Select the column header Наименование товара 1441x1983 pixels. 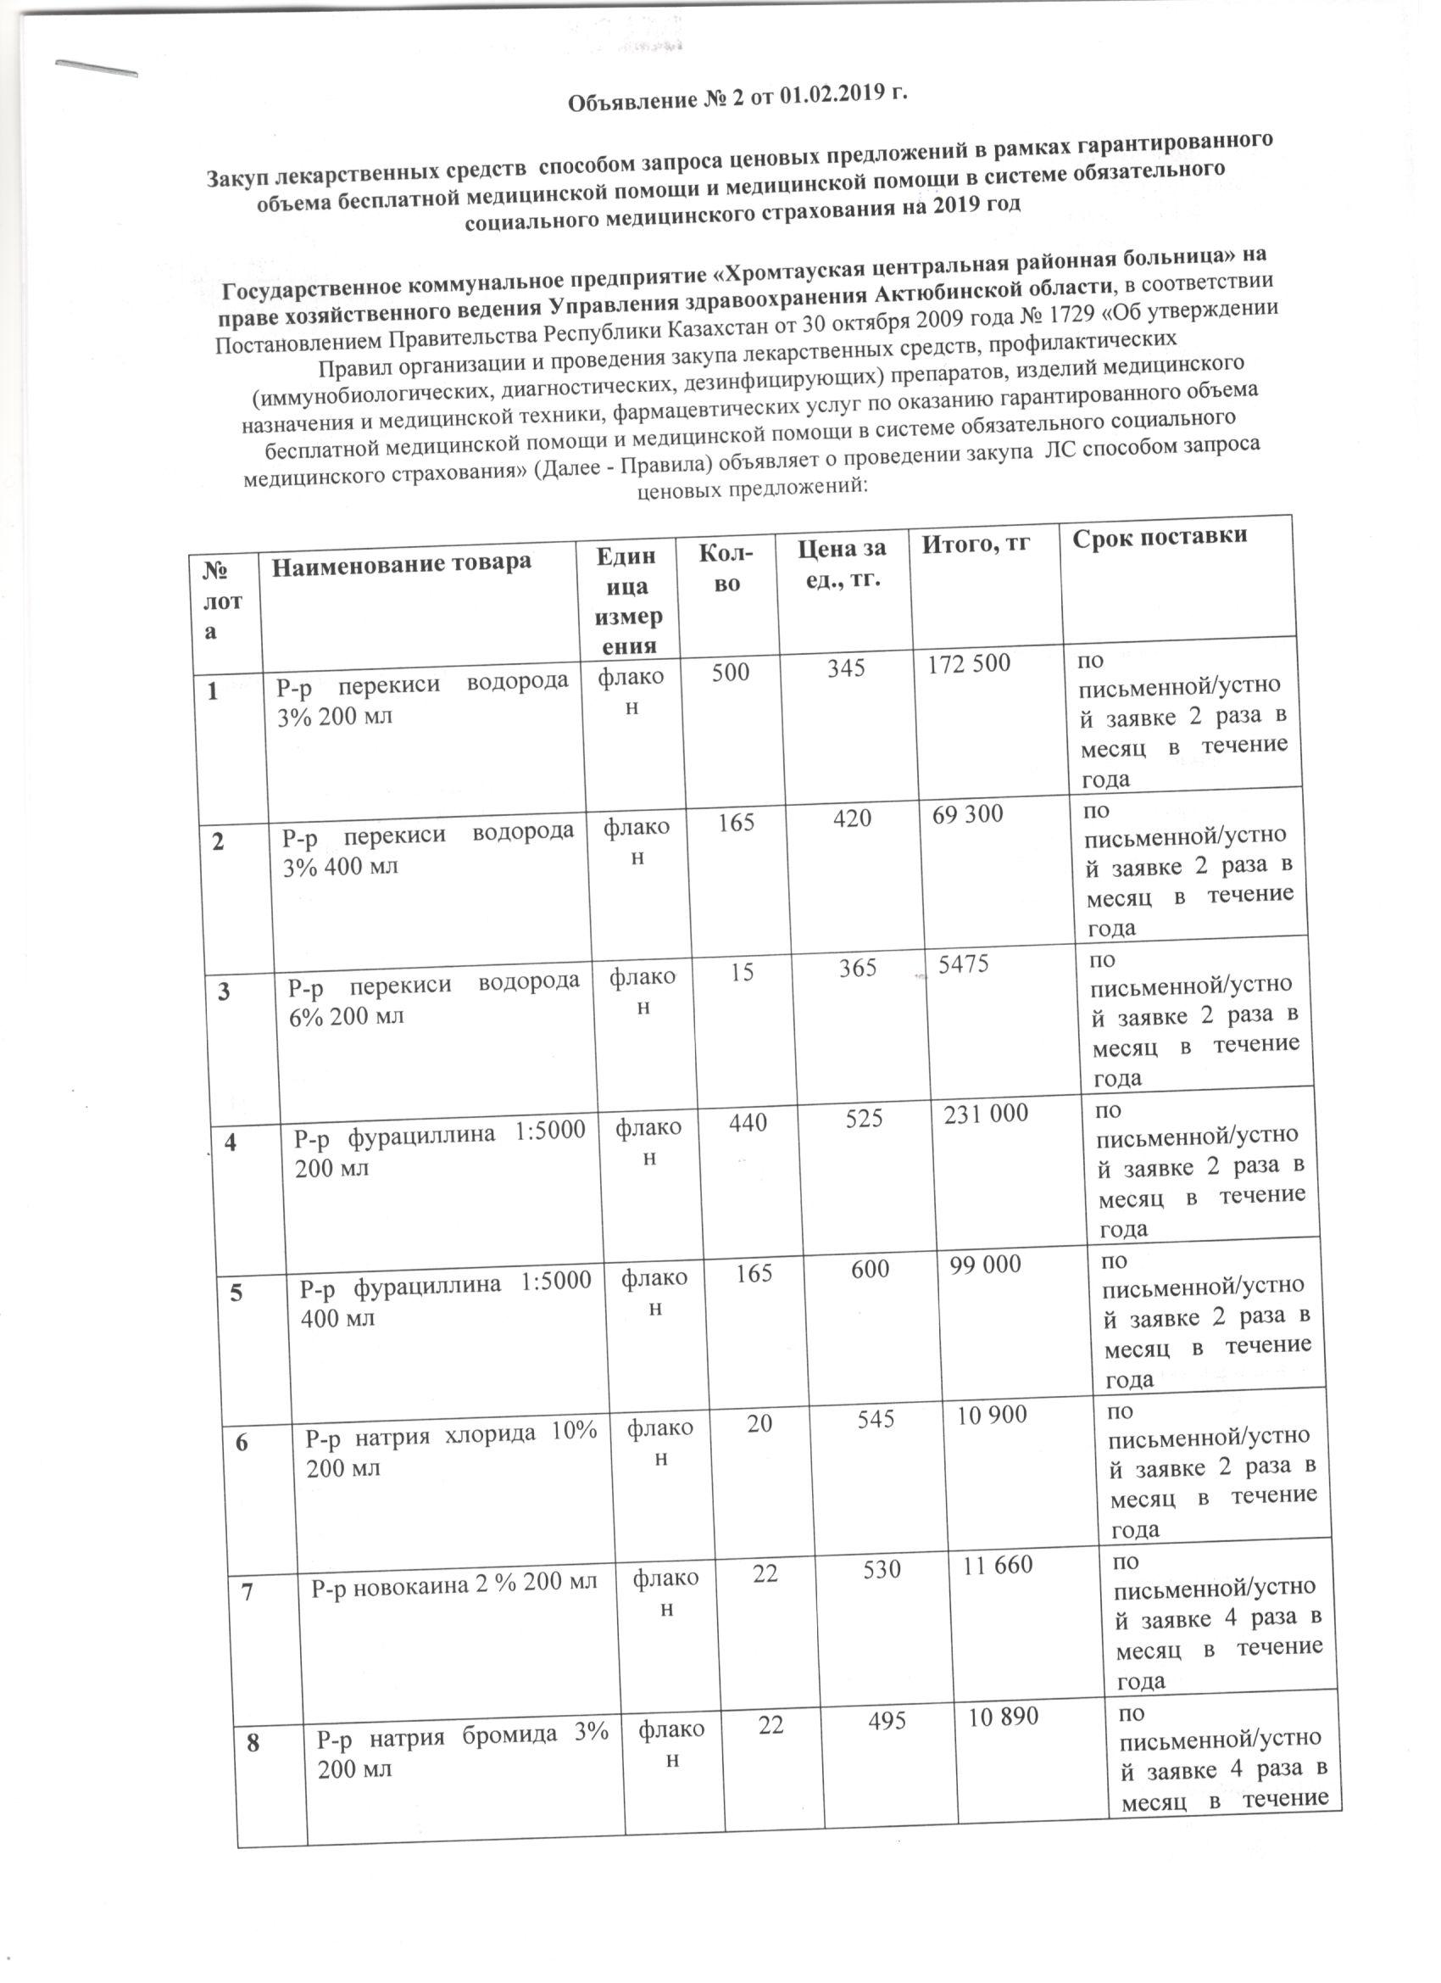coord(400,563)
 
